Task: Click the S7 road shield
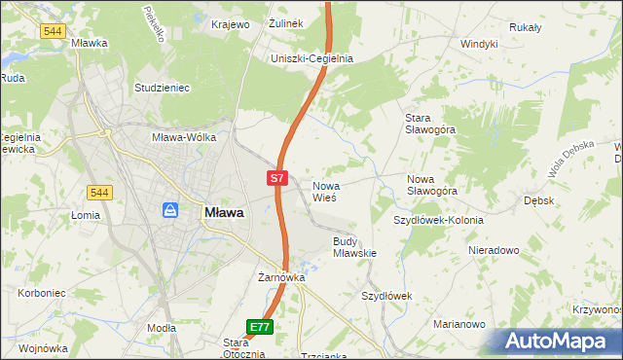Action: coord(277,178)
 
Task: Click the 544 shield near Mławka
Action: coord(54,31)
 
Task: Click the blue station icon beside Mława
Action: coord(170,210)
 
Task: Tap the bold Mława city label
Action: coord(223,212)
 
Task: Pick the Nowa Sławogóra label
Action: coord(432,185)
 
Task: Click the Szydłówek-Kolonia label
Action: coord(438,220)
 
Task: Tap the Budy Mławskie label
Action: coord(354,246)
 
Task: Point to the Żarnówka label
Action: coord(281,277)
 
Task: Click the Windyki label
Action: coord(479,44)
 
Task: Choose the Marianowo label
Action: coord(458,324)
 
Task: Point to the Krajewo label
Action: coord(232,24)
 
